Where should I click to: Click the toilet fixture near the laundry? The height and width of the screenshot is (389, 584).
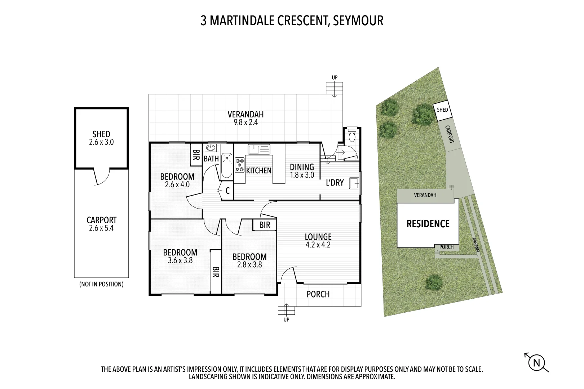352,136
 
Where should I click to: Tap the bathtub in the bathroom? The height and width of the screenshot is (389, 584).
227,165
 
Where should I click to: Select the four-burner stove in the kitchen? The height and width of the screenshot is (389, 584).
240,165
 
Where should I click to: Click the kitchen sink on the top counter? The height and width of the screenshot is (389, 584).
259,148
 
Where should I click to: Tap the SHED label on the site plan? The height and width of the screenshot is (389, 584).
442,109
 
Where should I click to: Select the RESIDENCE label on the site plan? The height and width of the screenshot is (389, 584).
428,224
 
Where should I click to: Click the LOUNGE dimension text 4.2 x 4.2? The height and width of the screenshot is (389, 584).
318,245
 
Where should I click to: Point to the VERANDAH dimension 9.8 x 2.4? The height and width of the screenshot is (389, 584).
245,122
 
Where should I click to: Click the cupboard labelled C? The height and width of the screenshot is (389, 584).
227,191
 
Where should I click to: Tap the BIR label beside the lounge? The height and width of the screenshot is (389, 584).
265,225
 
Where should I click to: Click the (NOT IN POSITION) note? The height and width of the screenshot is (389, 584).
101,284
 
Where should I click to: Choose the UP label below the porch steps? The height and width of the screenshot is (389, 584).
286,319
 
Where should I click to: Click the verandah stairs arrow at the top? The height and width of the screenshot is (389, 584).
334,90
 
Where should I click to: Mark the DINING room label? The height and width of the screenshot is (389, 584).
302,167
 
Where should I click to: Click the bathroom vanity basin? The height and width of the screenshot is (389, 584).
211,148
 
